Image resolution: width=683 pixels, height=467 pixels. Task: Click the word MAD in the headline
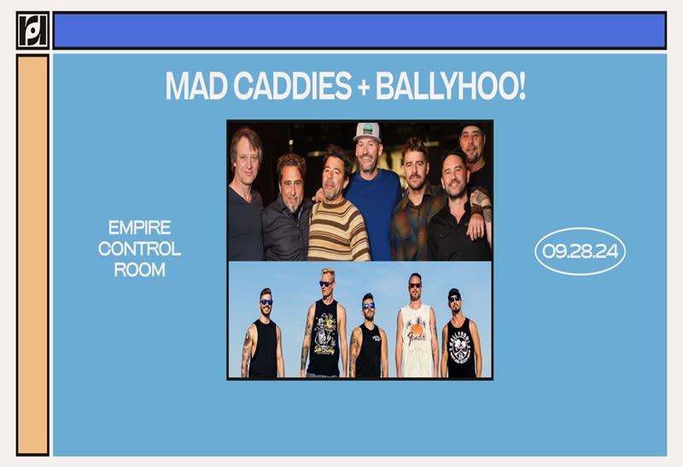click(192, 85)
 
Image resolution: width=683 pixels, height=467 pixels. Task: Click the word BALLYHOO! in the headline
click(453, 85)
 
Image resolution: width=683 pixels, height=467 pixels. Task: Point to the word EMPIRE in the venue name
click(140, 228)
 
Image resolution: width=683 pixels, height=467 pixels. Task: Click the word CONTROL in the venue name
click(140, 249)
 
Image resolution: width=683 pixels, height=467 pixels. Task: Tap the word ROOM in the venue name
click(140, 271)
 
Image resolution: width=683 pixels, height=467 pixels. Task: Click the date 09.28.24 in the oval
click(581, 251)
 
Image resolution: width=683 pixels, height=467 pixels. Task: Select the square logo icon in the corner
click(32, 30)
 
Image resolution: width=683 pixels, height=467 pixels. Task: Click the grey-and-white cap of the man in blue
click(367, 131)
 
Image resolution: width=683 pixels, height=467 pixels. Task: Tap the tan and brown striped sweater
click(339, 229)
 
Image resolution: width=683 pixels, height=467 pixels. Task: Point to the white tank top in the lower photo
click(416, 341)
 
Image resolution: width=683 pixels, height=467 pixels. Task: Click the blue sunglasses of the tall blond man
click(327, 283)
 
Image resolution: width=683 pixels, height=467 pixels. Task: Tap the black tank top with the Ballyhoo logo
click(461, 347)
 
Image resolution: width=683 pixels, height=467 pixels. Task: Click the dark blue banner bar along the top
click(359, 31)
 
